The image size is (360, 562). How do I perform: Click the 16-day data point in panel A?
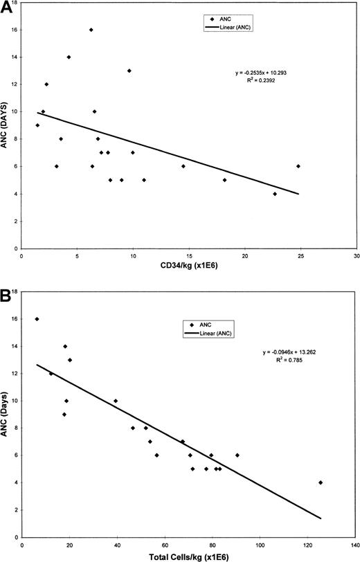click(91, 30)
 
